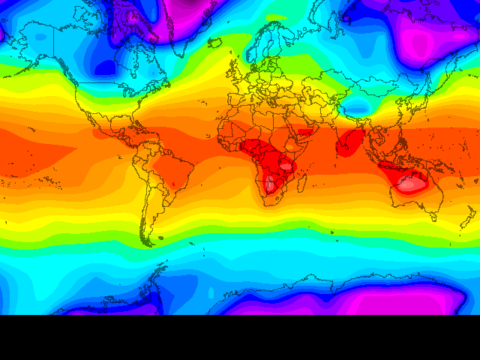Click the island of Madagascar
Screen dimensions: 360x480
pos(302,180)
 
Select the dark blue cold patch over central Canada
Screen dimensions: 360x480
pos(106,67)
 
